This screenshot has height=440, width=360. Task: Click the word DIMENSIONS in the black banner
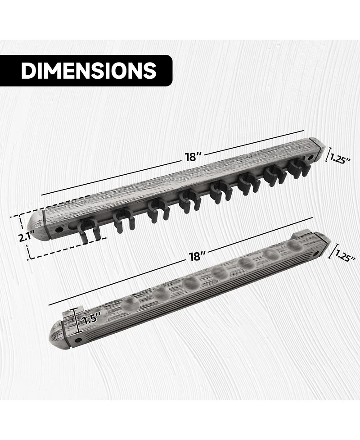tap(89, 71)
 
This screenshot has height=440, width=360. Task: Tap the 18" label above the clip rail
tap(192, 157)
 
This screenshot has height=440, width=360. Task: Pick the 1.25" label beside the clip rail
tap(341, 159)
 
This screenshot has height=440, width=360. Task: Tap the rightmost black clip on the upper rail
tap(297, 171)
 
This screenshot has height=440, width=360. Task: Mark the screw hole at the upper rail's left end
tap(58, 230)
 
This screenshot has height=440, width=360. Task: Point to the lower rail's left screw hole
tap(78, 339)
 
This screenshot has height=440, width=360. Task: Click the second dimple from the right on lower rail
tap(271, 254)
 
